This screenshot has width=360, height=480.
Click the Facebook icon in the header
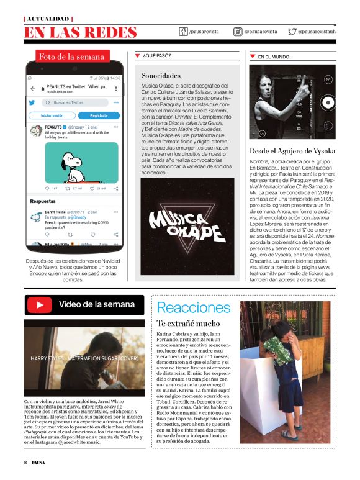tap(184, 31)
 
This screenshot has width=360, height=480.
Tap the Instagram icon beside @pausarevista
tap(238, 31)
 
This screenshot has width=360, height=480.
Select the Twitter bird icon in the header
tap(292, 31)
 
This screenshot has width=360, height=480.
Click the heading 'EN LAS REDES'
tap(80, 32)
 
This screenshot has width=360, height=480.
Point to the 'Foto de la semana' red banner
tap(71, 57)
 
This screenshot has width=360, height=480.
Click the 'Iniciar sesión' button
tap(52, 115)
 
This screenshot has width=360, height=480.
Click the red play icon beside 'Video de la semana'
tap(40, 305)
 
